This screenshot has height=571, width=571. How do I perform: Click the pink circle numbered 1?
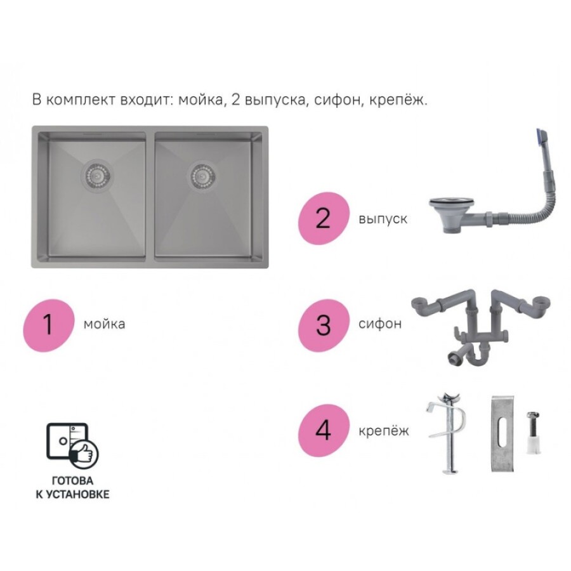tap(49, 325)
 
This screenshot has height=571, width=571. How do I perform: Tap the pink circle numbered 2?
tap(324, 218)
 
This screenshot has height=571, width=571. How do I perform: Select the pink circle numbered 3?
tap(324, 325)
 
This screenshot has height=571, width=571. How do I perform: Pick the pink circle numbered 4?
tap(324, 430)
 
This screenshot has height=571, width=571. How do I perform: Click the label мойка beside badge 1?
tap(105, 324)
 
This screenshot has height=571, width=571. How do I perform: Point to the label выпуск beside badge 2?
tap(383, 219)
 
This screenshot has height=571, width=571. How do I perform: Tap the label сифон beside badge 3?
tap(380, 324)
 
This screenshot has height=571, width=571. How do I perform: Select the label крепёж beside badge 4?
tap(383, 431)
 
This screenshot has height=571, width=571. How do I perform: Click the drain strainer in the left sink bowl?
tap(96, 176)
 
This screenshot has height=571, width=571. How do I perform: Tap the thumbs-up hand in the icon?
tap(85, 454)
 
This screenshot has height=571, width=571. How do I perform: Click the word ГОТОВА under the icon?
tap(72, 481)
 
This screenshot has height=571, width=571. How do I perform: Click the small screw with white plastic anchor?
tap(533, 433)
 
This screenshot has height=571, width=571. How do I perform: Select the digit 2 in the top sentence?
tap(235, 100)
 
